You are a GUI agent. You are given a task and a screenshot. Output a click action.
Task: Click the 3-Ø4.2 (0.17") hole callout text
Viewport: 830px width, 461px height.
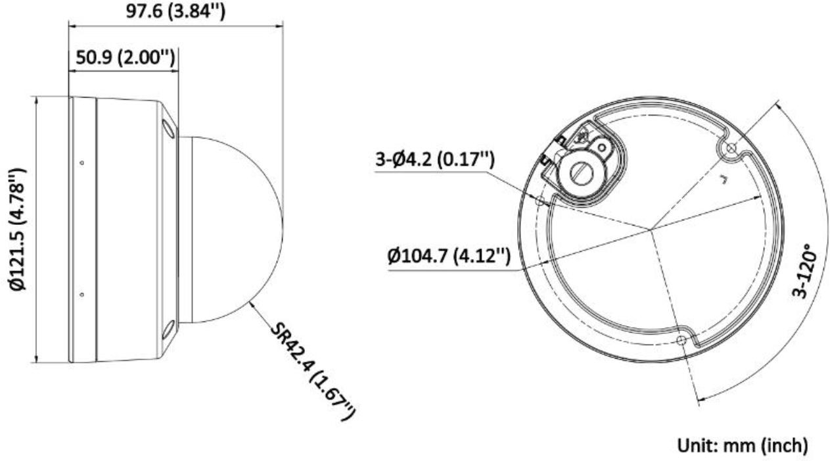434,160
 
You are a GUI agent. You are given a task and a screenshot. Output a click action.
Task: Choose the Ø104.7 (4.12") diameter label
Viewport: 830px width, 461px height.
449,255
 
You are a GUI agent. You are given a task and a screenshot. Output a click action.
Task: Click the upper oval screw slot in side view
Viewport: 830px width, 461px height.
169,128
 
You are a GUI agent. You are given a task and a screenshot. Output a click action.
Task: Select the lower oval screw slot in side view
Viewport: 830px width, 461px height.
169,329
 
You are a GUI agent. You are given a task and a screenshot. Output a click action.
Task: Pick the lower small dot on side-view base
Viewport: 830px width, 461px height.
81,294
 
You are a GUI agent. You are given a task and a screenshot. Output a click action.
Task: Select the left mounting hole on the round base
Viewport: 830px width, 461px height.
540,201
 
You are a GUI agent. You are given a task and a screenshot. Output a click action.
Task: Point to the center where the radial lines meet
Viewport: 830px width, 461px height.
650,230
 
